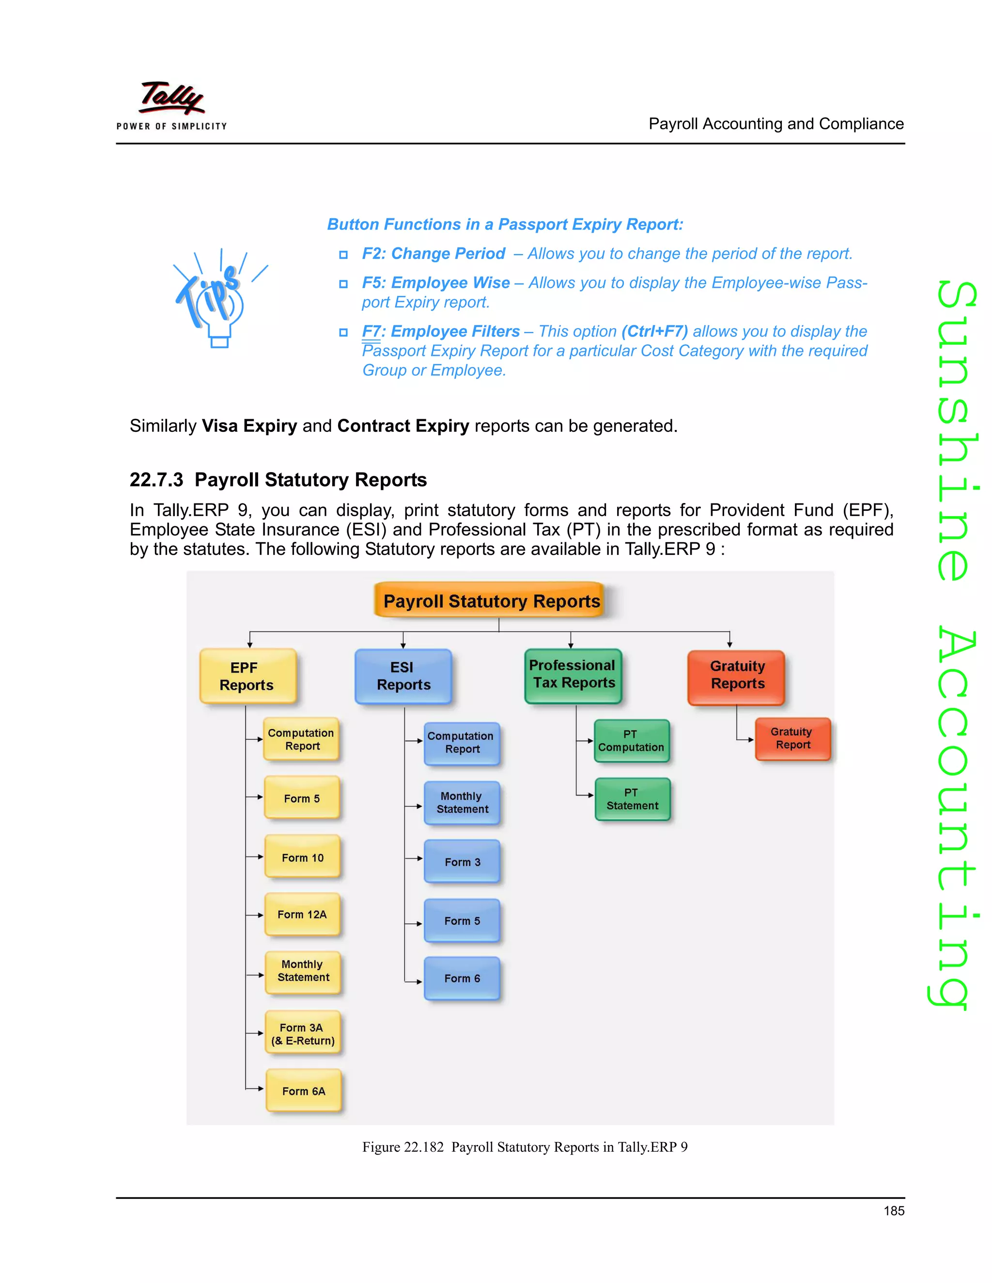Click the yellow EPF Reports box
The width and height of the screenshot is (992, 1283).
point(248,676)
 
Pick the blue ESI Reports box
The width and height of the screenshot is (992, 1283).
point(403,676)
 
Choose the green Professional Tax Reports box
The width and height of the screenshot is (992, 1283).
point(573,675)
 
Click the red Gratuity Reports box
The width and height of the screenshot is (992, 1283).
point(736,676)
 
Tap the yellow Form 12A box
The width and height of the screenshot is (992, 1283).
point(303,914)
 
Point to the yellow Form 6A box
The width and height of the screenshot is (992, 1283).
point(304,1091)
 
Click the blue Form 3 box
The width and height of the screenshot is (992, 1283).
point(462,862)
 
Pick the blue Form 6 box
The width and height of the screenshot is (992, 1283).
point(462,978)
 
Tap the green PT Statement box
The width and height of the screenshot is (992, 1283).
point(632,799)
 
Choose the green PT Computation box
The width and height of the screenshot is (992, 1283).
point(632,741)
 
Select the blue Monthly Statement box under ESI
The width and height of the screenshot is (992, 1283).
point(462,802)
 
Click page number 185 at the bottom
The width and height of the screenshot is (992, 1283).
point(894,1211)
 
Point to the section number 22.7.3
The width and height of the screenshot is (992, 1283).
point(156,480)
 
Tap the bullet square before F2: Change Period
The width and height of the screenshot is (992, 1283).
point(343,255)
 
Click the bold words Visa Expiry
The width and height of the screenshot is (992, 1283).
point(249,426)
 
